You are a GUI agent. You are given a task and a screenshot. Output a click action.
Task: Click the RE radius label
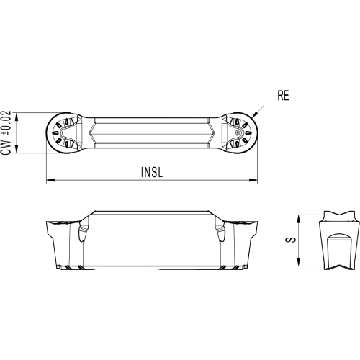coord(283,96)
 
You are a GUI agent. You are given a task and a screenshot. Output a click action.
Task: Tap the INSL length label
coord(152,172)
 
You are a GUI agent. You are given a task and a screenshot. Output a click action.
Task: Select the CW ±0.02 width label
coord(6,132)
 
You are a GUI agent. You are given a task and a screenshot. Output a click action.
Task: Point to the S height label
coord(291,240)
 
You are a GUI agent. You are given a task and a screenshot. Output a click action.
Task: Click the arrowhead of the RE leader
coord(254,115)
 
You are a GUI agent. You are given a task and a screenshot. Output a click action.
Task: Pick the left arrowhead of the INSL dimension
coord(50,180)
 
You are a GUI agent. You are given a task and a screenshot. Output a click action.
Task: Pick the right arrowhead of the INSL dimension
coord(253,180)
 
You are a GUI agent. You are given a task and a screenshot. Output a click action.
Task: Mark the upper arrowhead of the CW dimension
coord(17,116)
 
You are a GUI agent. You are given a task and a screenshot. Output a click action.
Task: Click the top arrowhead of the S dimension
coord(298,219)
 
